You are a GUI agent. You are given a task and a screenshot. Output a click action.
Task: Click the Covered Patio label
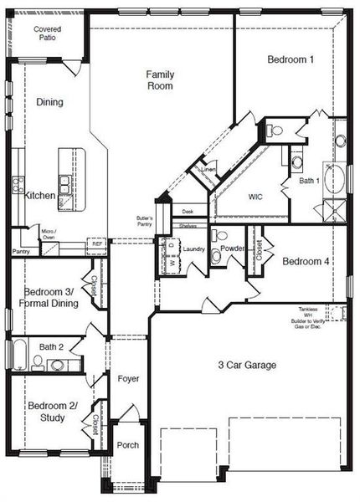click(x=47, y=34)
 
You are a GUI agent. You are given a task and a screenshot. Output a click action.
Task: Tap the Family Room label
click(x=159, y=79)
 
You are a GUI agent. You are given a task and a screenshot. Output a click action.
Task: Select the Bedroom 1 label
click(x=291, y=59)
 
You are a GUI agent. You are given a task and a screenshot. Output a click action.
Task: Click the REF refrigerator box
click(x=97, y=243)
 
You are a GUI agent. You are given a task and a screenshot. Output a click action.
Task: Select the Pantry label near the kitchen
click(x=21, y=251)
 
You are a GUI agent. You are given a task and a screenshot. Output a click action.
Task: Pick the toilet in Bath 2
click(x=37, y=362)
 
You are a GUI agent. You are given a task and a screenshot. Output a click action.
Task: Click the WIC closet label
click(x=256, y=197)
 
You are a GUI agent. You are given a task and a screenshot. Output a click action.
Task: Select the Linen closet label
click(x=208, y=171)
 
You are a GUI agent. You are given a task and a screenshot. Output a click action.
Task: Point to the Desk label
click(x=188, y=212)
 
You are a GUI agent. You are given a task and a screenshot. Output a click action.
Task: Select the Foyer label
click(x=127, y=379)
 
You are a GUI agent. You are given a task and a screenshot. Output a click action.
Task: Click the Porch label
click(x=127, y=445)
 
